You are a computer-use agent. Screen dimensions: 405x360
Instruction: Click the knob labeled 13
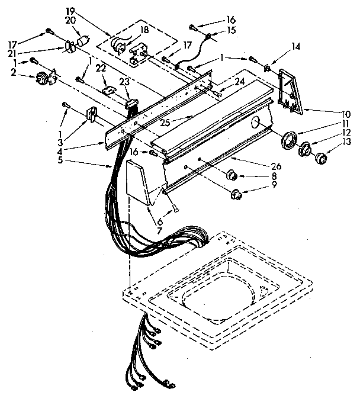pos(321,158)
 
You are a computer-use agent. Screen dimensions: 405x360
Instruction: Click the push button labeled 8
pos(233,175)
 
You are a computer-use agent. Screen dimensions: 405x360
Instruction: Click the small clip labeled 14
pos(267,67)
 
